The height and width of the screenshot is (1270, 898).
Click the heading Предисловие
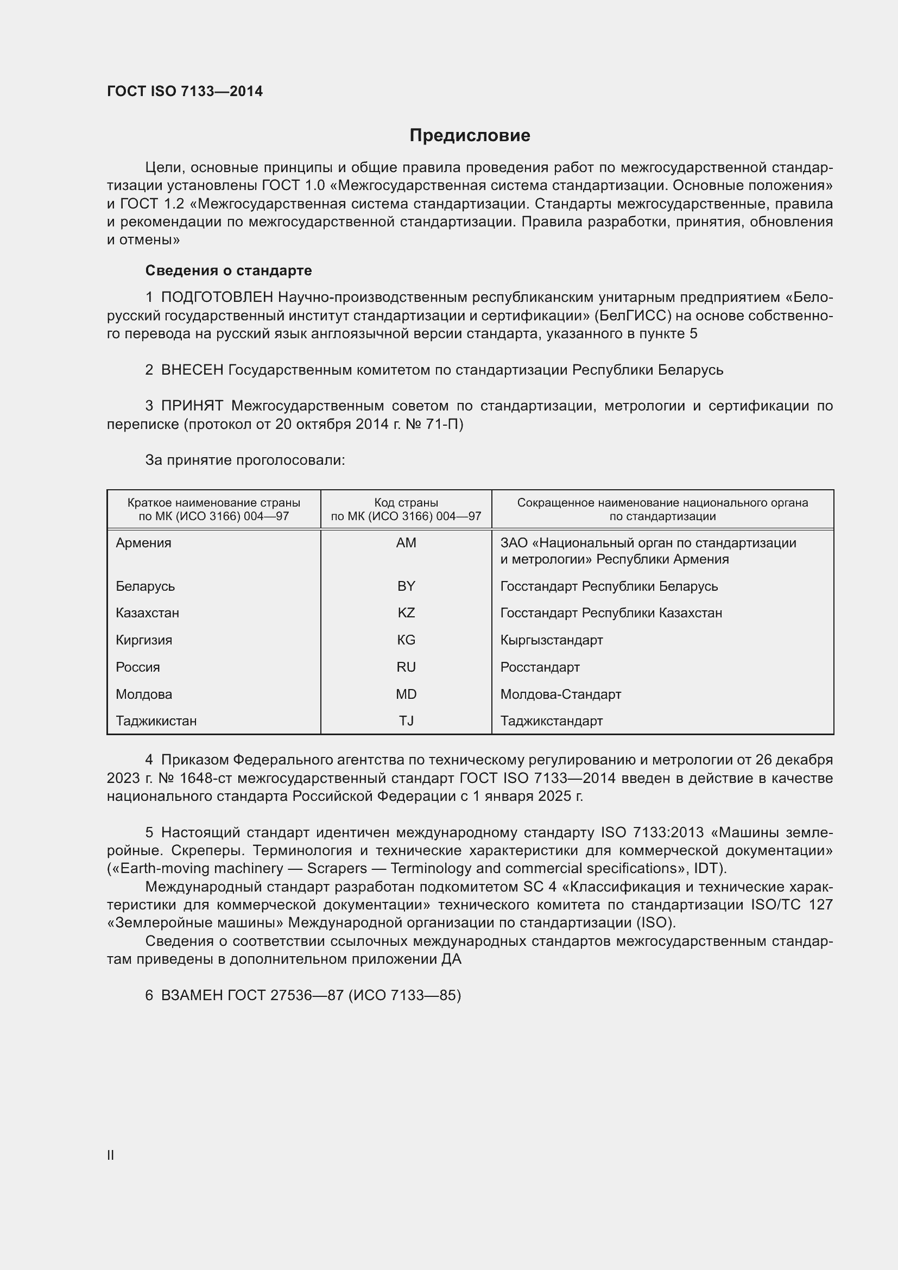[470, 136]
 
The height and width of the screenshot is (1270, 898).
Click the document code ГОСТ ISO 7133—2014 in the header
[185, 91]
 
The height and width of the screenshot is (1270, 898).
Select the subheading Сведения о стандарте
[229, 270]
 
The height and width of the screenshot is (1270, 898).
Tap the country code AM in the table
[406, 542]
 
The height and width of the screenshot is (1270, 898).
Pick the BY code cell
[406, 586]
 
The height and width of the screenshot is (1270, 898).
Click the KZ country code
[406, 613]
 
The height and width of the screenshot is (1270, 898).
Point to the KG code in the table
[406, 640]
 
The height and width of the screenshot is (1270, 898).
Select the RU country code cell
[406, 667]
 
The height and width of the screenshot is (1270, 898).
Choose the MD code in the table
[406, 694]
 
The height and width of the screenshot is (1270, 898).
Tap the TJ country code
[406, 721]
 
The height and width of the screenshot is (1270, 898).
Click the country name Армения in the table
[144, 542]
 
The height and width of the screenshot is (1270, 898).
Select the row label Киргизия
[144, 640]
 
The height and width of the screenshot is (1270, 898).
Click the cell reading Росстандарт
[540, 667]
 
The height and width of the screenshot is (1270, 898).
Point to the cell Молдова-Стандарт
[561, 694]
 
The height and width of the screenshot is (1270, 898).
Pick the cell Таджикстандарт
[551, 721]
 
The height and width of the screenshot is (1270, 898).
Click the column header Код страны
[406, 503]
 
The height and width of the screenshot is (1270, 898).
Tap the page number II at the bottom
[111, 1155]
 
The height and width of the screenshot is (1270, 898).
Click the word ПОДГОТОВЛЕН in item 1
[217, 298]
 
